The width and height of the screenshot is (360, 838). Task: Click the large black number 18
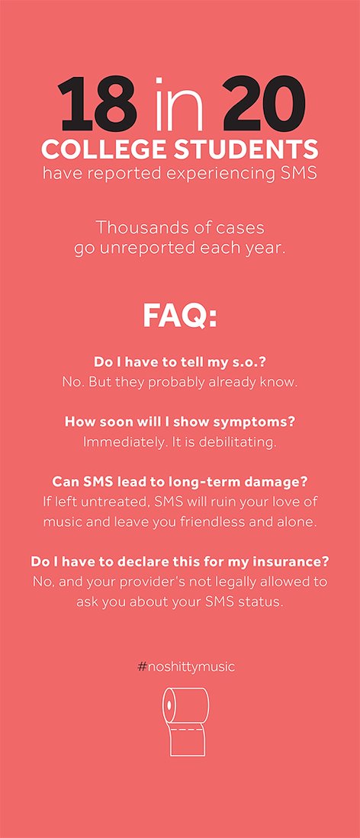tap(98, 104)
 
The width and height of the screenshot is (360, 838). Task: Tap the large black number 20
tap(264, 104)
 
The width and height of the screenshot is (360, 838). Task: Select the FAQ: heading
tap(180, 317)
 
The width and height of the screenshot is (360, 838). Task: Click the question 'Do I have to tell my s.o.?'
tap(180, 362)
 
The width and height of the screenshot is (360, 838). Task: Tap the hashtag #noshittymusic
tap(186, 667)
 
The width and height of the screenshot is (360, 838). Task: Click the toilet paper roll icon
tap(185, 721)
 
